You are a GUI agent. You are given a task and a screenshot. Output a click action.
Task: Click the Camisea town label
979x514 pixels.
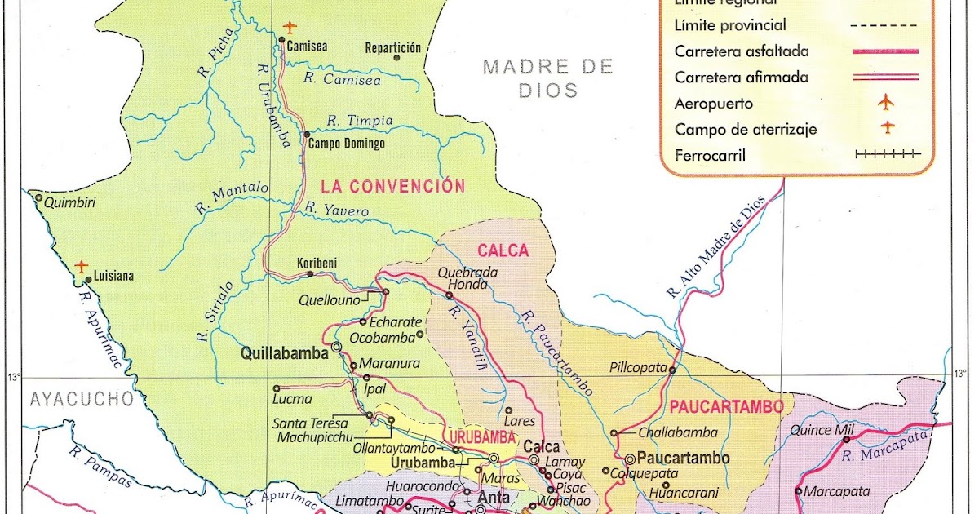(x=307, y=47)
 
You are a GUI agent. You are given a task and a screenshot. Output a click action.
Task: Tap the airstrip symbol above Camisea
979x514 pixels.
(x=290, y=28)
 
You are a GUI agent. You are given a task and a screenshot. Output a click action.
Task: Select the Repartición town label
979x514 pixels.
(x=392, y=47)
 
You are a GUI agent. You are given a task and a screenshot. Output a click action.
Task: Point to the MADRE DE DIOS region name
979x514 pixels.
(x=547, y=78)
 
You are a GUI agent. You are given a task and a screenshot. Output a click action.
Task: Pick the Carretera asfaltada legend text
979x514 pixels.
(x=742, y=51)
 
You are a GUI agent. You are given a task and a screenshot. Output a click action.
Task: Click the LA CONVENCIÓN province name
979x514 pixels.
(x=392, y=186)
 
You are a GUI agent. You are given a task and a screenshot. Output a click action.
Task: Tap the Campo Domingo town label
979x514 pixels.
(x=347, y=144)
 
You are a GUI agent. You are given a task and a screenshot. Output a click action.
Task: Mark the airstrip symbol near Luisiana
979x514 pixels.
(x=81, y=266)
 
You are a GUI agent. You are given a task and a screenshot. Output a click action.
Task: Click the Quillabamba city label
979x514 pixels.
(x=284, y=353)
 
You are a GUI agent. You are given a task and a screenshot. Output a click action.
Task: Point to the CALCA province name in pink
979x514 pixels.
(x=503, y=251)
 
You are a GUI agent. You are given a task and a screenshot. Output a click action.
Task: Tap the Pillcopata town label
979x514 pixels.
(x=638, y=368)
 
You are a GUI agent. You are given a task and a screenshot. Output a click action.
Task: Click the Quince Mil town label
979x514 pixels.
(x=822, y=431)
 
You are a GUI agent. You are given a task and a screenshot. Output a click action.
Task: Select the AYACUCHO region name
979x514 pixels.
(x=81, y=399)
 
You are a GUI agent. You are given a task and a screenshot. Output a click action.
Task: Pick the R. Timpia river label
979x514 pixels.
(x=359, y=120)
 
